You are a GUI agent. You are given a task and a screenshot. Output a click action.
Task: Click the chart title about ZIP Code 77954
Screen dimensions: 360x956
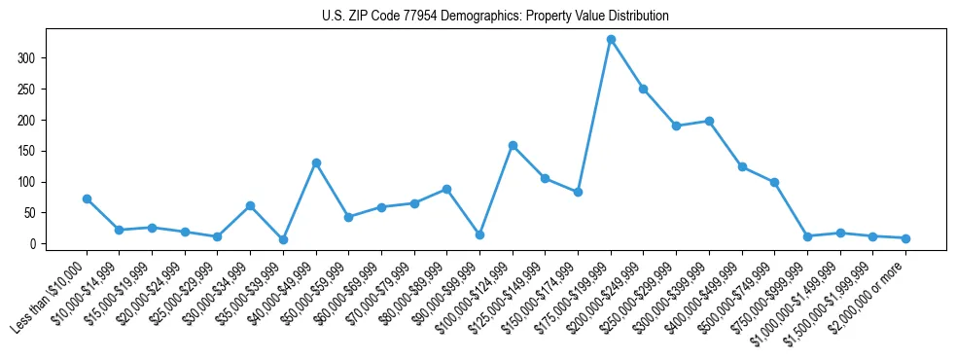(495, 17)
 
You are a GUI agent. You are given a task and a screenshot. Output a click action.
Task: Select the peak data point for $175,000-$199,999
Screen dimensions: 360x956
(611, 39)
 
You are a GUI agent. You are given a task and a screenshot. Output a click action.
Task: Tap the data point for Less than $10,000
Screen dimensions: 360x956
(87, 198)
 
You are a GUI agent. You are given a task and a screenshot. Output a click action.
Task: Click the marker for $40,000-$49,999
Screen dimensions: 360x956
(316, 162)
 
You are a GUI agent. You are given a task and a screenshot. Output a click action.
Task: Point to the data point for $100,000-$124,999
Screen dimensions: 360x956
(513, 145)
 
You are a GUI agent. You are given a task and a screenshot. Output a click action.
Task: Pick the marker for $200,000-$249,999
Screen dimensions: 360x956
(644, 89)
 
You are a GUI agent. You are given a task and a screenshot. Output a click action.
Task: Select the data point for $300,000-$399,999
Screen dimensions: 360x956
(709, 121)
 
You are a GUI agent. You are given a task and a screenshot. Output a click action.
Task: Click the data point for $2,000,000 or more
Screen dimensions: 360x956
(905, 238)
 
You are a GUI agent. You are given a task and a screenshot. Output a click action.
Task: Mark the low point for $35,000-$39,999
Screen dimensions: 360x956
(283, 239)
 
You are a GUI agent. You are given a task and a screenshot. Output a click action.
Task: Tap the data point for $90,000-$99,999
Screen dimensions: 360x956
(479, 234)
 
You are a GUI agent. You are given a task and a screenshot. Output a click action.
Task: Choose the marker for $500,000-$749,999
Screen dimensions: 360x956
(774, 182)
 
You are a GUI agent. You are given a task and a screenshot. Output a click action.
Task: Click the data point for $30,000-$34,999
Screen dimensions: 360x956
(250, 205)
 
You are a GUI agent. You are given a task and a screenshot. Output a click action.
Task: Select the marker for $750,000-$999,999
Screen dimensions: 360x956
(807, 236)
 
